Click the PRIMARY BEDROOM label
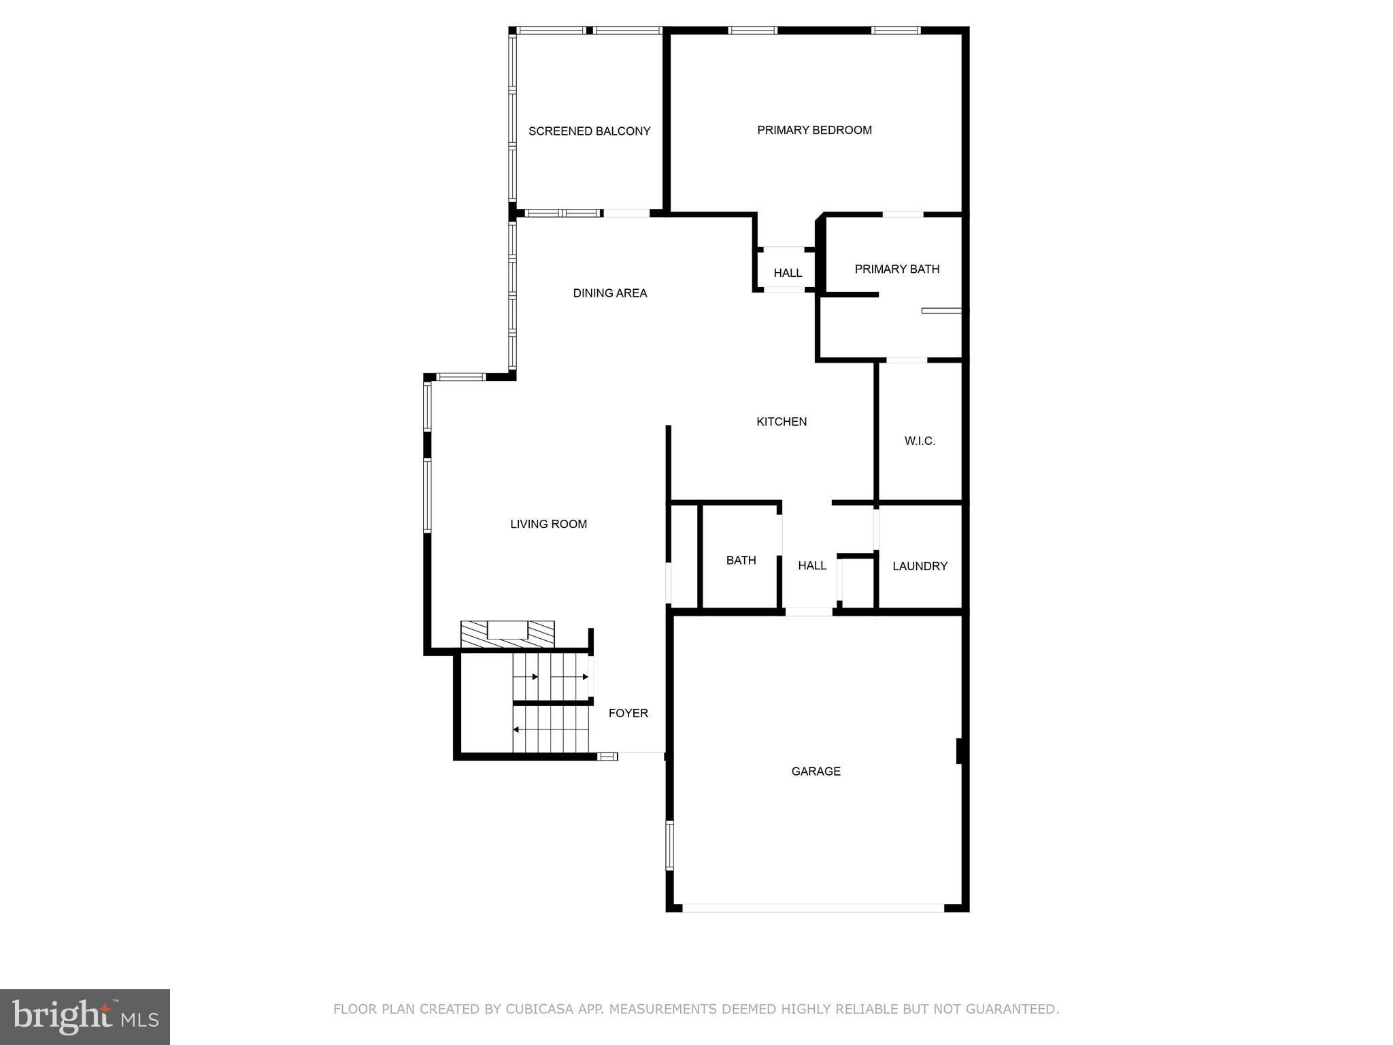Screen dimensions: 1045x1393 (x=814, y=130)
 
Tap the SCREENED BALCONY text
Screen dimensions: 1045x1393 (x=589, y=131)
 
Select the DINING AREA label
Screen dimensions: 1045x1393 (x=609, y=293)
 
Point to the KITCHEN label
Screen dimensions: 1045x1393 (x=782, y=422)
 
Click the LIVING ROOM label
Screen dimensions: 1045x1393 (x=548, y=524)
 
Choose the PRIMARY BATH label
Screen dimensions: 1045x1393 (x=896, y=269)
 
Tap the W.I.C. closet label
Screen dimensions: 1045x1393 (x=920, y=441)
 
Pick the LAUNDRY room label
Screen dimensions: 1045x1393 (x=920, y=566)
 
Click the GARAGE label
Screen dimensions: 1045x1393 (x=816, y=771)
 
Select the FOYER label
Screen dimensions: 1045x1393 (x=628, y=713)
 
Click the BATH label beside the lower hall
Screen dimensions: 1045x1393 (x=741, y=561)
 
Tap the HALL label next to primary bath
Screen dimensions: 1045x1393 (x=788, y=273)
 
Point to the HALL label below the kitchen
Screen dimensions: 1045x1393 (x=812, y=565)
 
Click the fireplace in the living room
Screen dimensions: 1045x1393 (x=507, y=633)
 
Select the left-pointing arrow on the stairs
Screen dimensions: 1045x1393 (x=517, y=729)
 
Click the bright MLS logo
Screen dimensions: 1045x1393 (x=85, y=1017)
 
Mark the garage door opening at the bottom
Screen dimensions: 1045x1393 (x=813, y=908)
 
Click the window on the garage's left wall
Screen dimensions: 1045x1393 (x=669, y=845)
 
